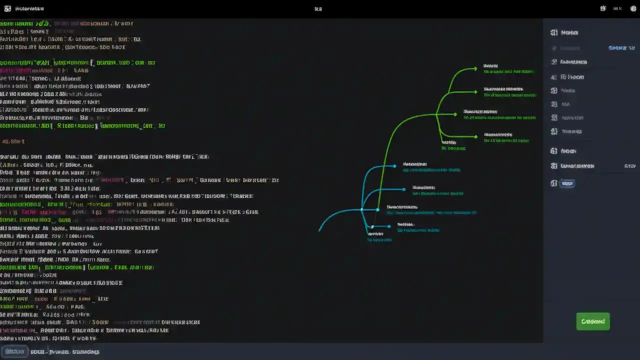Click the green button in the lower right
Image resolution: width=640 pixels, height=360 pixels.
(x=593, y=321)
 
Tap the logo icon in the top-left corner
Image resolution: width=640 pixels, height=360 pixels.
(x=7, y=8)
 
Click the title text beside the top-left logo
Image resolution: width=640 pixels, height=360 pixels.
(x=29, y=9)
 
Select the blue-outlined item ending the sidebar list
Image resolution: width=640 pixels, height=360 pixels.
(x=567, y=183)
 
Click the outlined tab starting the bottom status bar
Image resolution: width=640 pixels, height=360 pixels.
(x=14, y=351)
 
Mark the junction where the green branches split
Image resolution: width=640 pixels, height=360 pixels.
(x=437, y=114)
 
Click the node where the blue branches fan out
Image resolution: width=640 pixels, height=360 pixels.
(x=362, y=209)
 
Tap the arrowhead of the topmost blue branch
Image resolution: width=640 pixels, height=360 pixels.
(x=394, y=165)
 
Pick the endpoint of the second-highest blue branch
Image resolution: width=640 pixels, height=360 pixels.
(x=404, y=189)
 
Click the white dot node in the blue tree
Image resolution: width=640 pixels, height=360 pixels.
(x=372, y=227)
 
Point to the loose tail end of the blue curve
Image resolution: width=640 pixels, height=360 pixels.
(x=319, y=230)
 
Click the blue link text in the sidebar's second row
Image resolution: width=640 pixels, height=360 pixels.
(x=617, y=48)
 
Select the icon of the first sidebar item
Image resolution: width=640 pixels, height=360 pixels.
(x=553, y=32)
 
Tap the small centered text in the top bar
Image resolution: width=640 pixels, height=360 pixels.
(x=318, y=8)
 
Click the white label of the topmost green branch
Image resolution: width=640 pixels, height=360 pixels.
(x=490, y=65)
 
